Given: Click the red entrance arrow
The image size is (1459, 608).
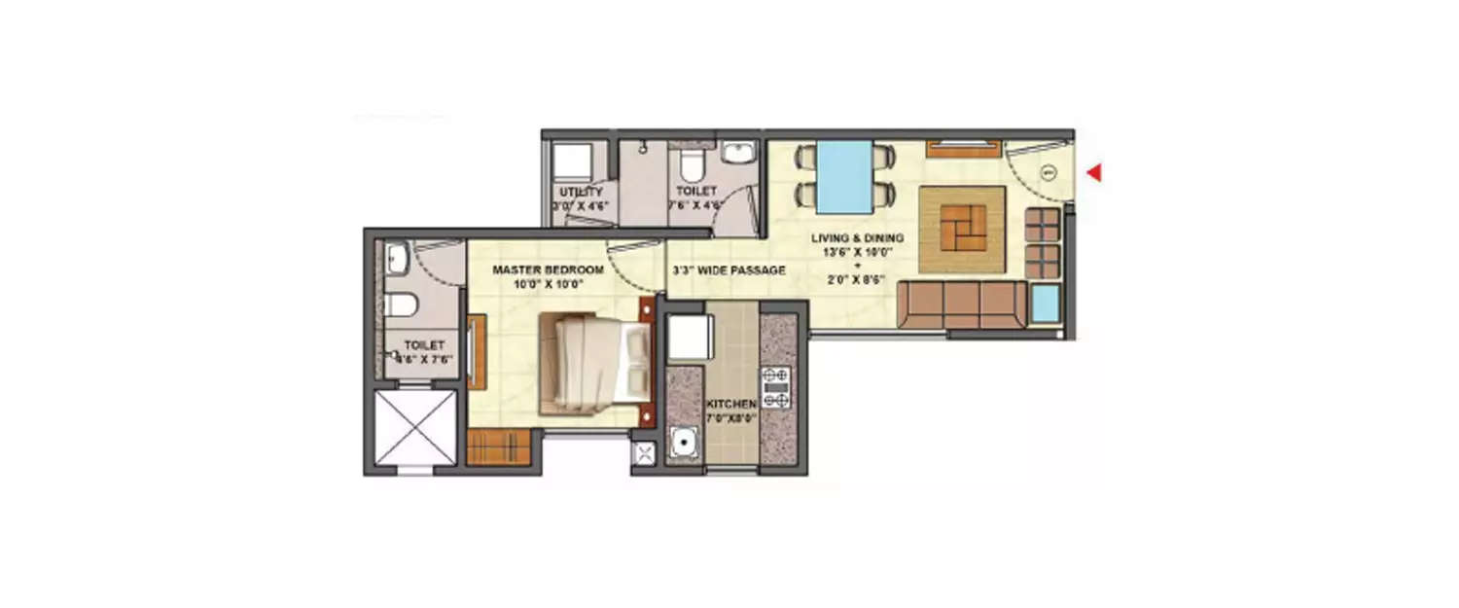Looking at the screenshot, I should coord(1093,173).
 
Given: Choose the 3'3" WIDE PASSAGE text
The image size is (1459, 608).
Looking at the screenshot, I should coord(729,270).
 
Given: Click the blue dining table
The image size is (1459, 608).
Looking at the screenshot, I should coord(843,176).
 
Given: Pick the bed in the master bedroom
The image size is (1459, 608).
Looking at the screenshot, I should coord(595,361).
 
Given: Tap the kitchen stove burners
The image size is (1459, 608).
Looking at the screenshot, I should coord(776,387).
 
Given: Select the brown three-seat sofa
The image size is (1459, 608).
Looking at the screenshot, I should coord(961,305).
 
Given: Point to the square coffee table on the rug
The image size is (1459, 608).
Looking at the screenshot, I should coord(962,230).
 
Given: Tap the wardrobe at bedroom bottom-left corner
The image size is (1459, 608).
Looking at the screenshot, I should coord(497,447).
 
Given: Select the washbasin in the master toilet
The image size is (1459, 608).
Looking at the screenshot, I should coord(397,258).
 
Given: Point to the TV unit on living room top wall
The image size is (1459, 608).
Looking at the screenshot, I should coord(963,149).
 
